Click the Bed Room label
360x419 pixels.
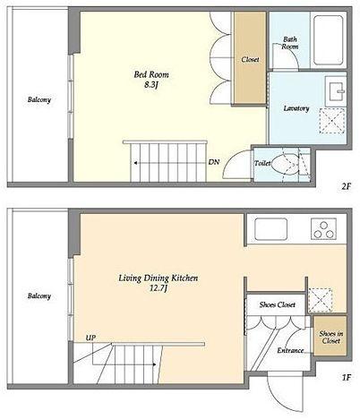[151, 74]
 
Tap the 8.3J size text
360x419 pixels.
[151, 85]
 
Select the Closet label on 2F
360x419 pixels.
[250, 59]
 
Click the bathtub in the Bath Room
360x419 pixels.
[329, 40]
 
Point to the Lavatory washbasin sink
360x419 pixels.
[337, 90]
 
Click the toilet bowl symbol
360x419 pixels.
[285, 164]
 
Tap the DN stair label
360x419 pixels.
[214, 162]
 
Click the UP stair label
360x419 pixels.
[90, 338]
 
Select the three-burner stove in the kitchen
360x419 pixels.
[323, 229]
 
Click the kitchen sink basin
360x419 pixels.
[271, 229]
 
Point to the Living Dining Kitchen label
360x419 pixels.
[159, 278]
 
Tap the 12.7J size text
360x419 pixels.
[159, 289]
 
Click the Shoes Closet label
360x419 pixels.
[278, 304]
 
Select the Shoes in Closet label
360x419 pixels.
[330, 338]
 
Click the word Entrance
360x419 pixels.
[290, 350]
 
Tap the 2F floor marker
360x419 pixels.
[345, 187]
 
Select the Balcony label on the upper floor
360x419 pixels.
[39, 99]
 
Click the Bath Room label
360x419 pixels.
[290, 43]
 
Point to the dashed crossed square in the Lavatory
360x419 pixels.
[332, 121]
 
